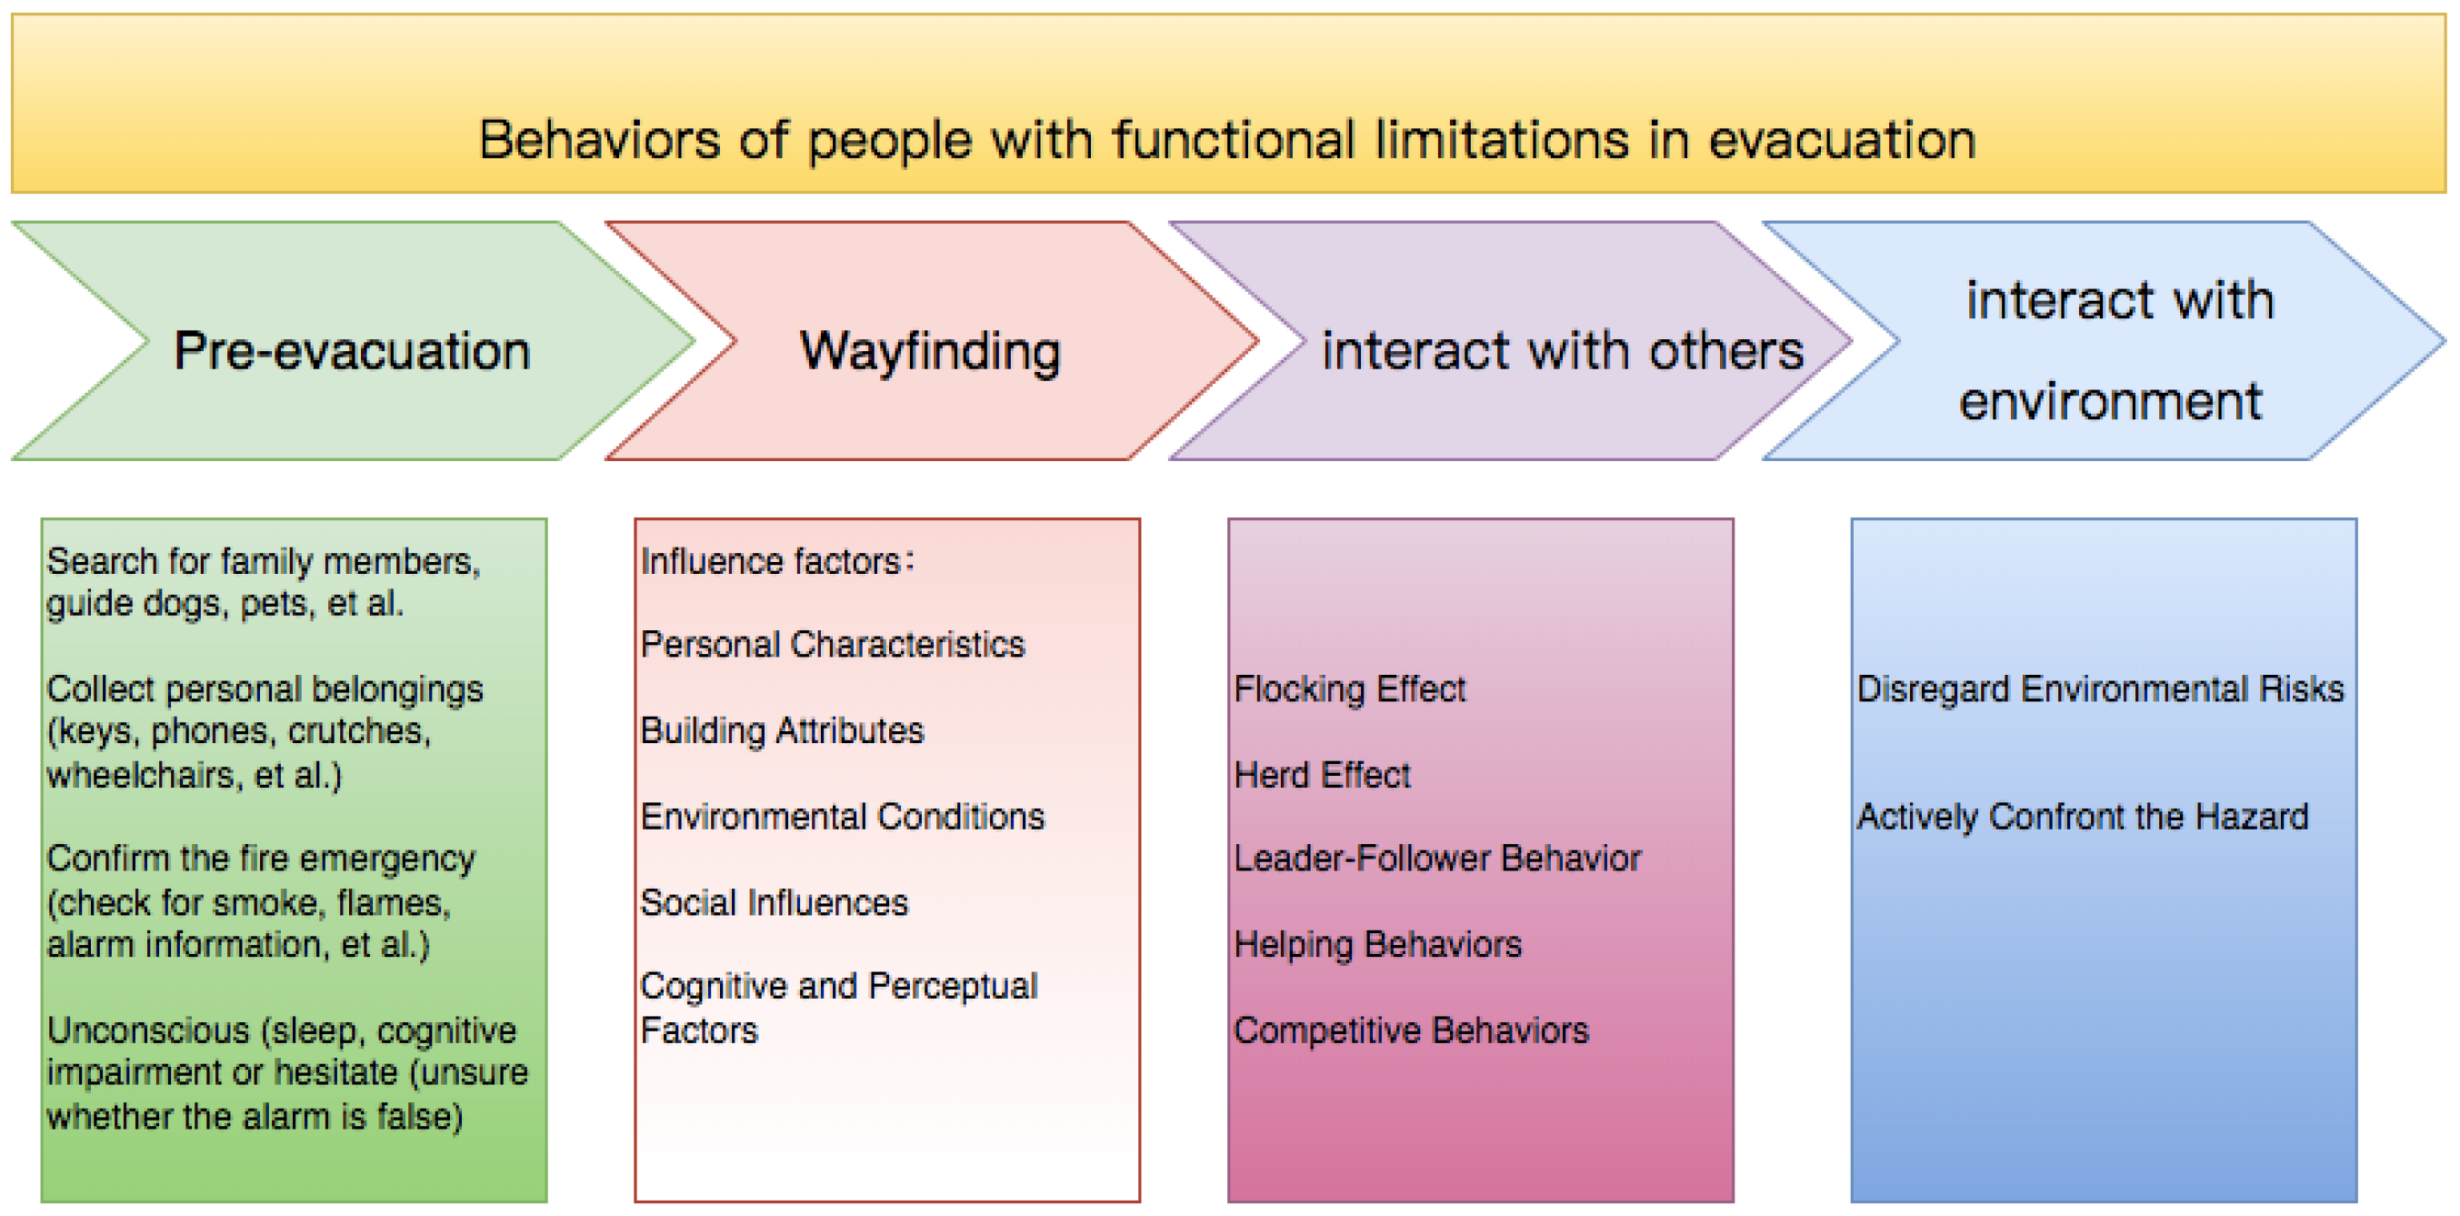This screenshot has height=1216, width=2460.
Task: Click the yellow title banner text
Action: [x=1227, y=140]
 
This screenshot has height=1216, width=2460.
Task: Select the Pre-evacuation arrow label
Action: [x=352, y=350]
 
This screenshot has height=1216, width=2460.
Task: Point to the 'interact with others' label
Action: [x=1563, y=349]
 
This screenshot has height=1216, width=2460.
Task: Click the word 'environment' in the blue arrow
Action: [x=2111, y=400]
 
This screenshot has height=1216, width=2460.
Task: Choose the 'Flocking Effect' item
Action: [x=1349, y=688]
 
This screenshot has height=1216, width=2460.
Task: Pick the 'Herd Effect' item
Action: [x=1322, y=775]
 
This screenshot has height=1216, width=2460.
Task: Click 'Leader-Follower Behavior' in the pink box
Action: [x=1437, y=859]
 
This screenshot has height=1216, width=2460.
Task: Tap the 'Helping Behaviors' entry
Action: [x=1377, y=945]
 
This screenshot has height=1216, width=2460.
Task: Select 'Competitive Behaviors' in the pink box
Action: [x=1412, y=1030]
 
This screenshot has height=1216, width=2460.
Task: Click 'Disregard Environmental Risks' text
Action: [x=2100, y=688]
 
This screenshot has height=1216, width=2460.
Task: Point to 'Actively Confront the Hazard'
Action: [x=2083, y=817]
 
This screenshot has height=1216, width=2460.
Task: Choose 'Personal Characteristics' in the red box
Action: [x=833, y=645]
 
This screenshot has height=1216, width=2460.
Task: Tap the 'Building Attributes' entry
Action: [x=782, y=730]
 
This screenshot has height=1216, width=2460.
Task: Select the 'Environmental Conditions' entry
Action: [x=844, y=817]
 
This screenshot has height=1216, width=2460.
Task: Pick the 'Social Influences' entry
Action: [x=775, y=903]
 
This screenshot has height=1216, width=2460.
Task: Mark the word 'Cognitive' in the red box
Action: [x=715, y=987]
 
